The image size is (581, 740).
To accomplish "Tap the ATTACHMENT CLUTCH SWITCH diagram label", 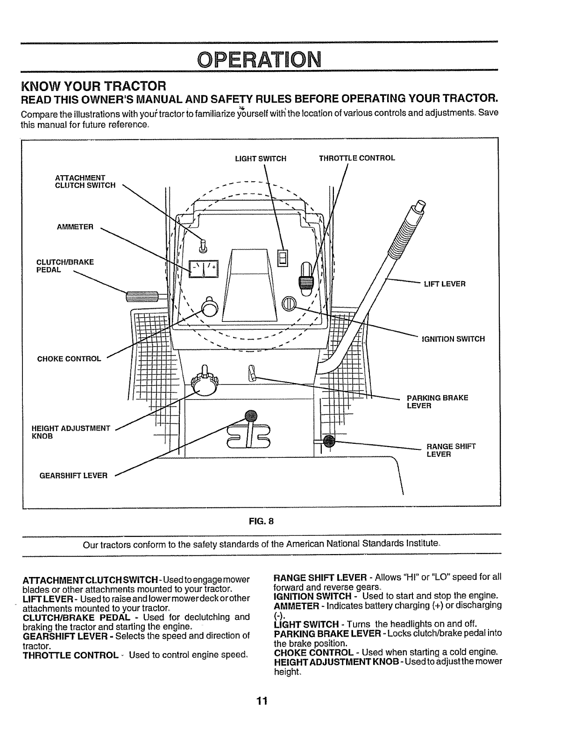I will click(x=85, y=182).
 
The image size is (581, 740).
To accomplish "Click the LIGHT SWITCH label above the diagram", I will click(x=260, y=158).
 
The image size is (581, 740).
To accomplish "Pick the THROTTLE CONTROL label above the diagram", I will click(x=357, y=158).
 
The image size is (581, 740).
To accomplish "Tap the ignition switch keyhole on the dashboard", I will click(x=289, y=304).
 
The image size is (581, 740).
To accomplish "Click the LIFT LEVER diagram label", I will click(x=444, y=284).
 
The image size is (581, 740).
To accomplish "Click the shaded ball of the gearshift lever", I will click(x=251, y=415).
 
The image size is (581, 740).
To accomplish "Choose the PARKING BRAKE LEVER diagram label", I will click(x=437, y=402).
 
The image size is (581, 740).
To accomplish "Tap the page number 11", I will click(x=261, y=701).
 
